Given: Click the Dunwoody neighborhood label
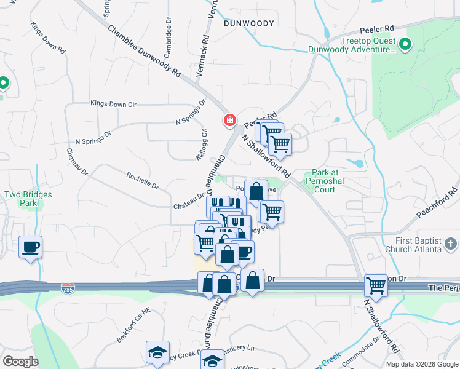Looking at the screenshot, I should point(248,23).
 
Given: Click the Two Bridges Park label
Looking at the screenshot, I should point(28,199).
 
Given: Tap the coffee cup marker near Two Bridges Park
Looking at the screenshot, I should point(31,247).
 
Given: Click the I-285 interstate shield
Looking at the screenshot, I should point(69,287).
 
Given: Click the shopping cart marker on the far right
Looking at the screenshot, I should point(376,285).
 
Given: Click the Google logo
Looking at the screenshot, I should point(20,362).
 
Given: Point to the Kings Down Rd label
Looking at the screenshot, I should point(47,36).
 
